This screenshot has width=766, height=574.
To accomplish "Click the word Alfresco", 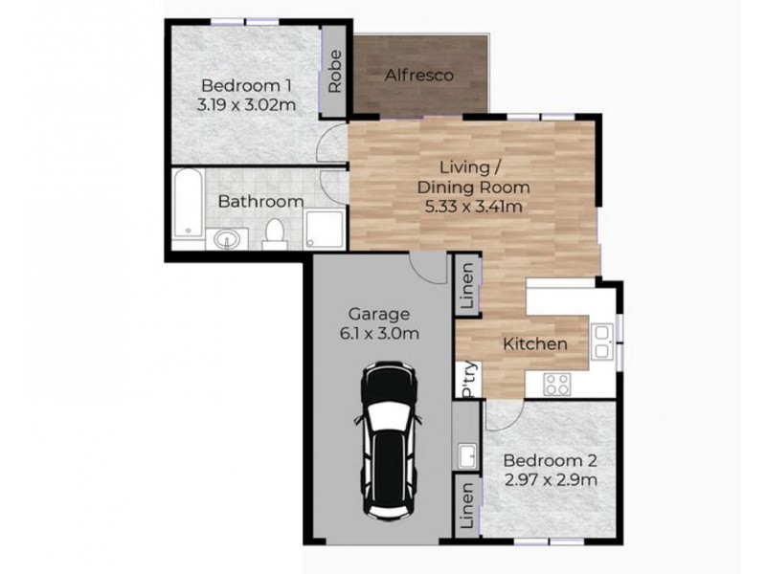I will point(418,75).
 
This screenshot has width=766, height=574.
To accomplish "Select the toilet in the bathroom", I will point(275,232).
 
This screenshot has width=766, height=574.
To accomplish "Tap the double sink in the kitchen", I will point(602,341).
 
